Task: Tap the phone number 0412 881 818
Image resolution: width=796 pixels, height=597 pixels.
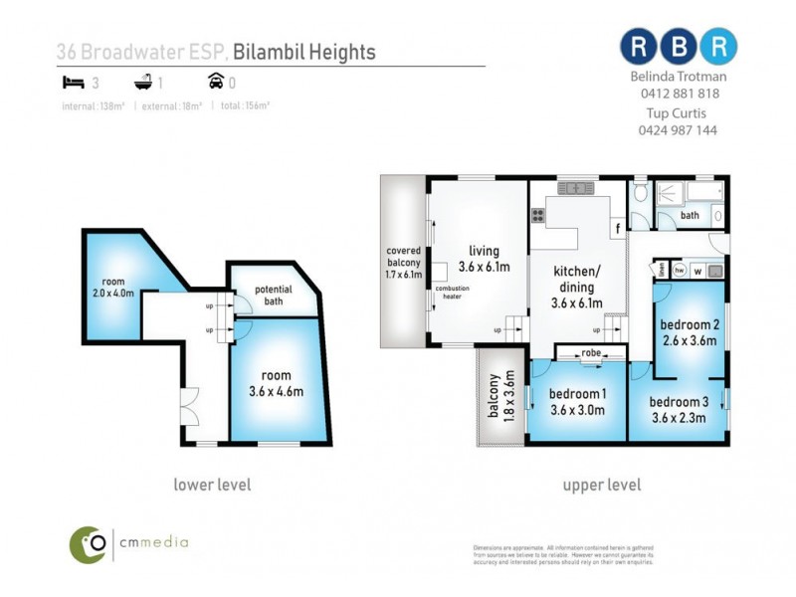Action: click(676, 94)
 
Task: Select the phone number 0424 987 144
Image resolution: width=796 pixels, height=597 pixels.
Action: click(676, 129)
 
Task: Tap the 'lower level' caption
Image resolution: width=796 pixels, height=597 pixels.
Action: click(212, 485)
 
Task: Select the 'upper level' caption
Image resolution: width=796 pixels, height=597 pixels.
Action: click(601, 485)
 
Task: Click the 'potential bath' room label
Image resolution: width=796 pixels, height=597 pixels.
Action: click(273, 295)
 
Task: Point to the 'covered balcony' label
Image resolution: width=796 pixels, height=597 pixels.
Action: click(404, 262)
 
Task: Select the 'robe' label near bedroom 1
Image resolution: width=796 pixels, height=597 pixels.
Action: click(591, 352)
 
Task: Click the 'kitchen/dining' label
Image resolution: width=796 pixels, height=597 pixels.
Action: click(577, 285)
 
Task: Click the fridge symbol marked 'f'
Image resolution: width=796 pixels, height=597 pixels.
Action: click(617, 228)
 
